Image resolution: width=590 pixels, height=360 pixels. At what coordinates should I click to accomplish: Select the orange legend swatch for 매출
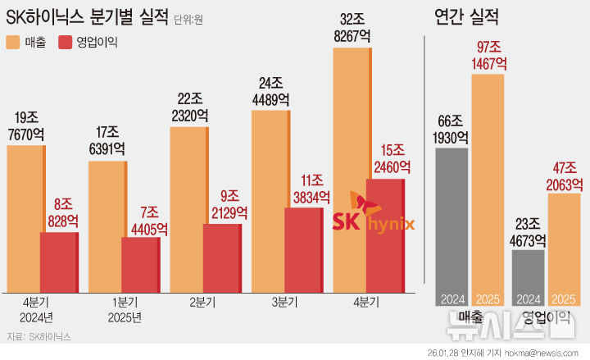(x=15, y=42)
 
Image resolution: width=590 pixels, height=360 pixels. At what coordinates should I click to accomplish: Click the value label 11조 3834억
(x=308, y=189)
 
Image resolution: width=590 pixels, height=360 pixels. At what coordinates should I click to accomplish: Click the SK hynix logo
(x=373, y=216)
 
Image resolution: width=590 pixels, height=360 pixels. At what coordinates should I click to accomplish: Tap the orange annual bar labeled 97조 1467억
(x=488, y=189)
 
